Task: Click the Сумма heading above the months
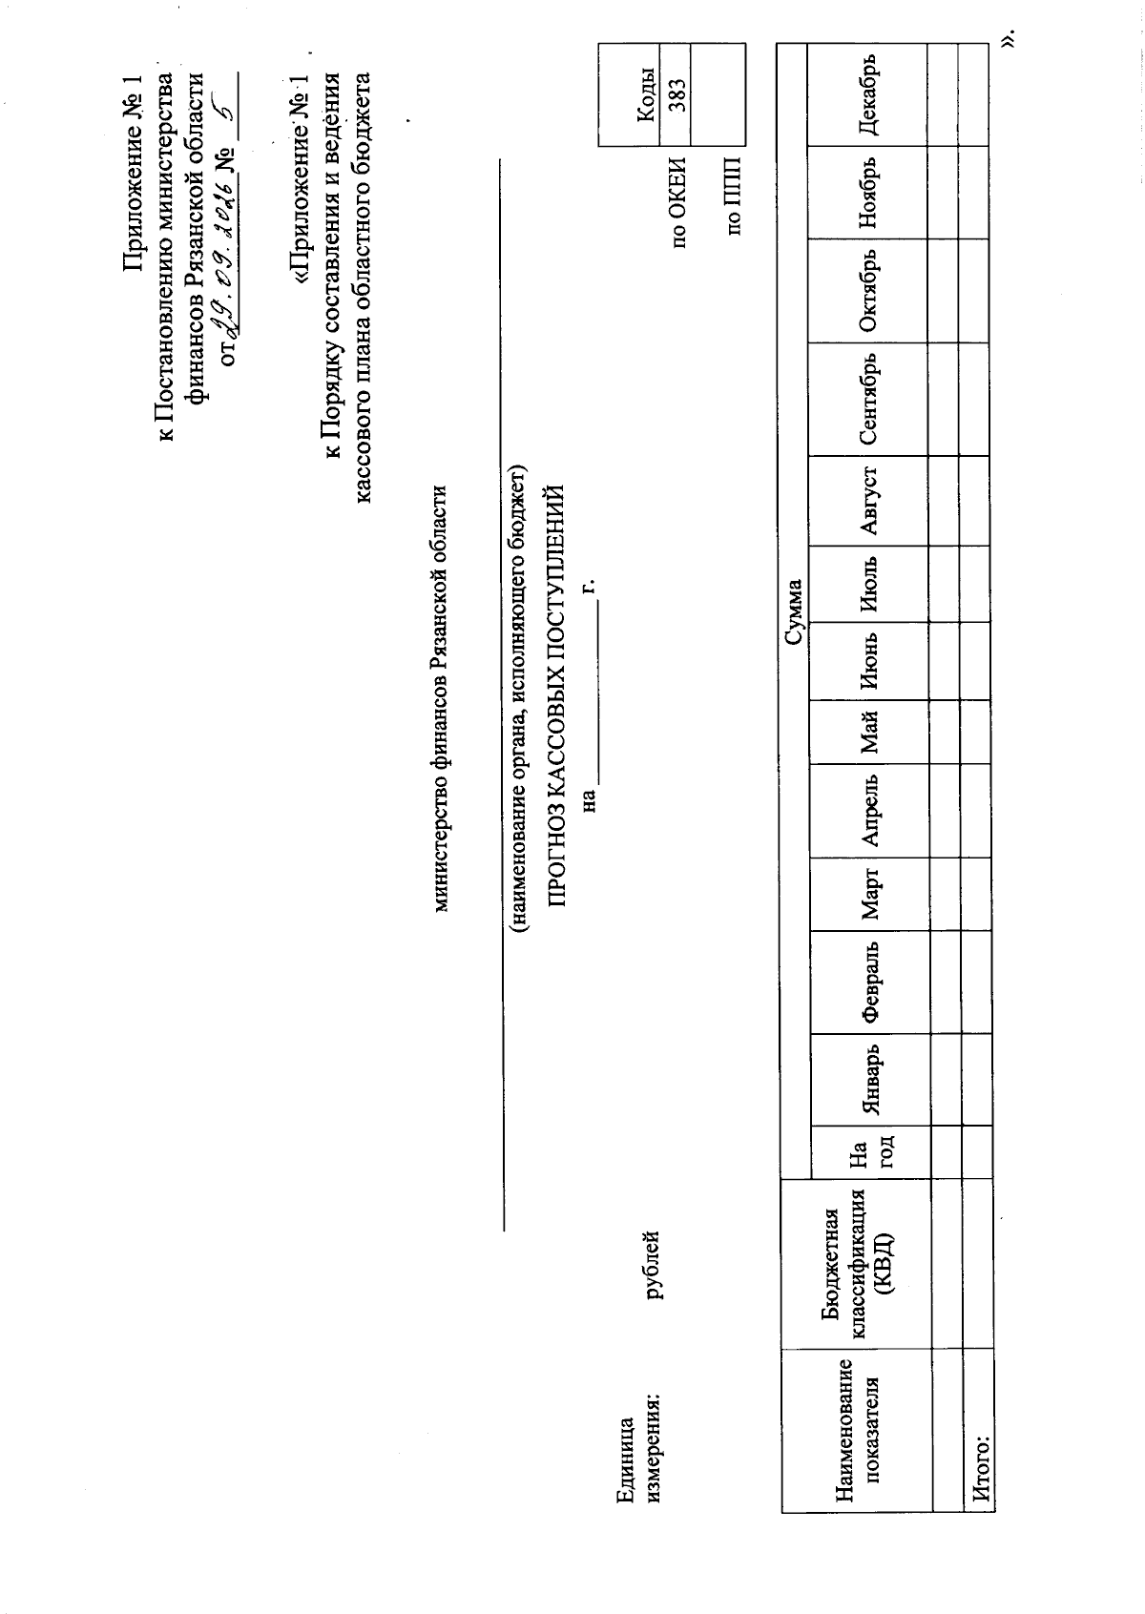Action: click(x=793, y=611)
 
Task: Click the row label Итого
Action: click(x=981, y=1470)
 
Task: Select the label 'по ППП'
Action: click(x=733, y=197)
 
